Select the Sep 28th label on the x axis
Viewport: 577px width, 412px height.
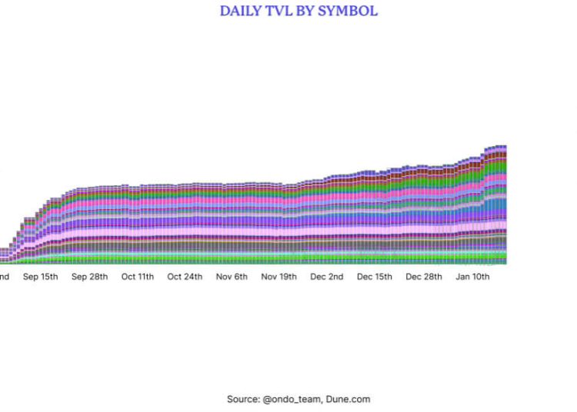point(90,277)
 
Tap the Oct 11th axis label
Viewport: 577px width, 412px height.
point(138,277)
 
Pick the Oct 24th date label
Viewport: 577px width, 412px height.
point(185,277)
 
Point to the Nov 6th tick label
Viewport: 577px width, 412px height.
point(232,277)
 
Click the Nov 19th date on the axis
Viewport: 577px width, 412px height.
point(279,277)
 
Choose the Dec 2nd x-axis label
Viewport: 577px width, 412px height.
point(327,277)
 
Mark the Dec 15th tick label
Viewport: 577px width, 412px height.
point(375,277)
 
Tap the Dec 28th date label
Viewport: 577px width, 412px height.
point(424,277)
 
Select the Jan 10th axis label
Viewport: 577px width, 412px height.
point(473,277)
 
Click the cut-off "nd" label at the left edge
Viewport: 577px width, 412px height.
point(4,277)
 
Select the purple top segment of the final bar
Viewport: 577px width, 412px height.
point(503,146)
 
